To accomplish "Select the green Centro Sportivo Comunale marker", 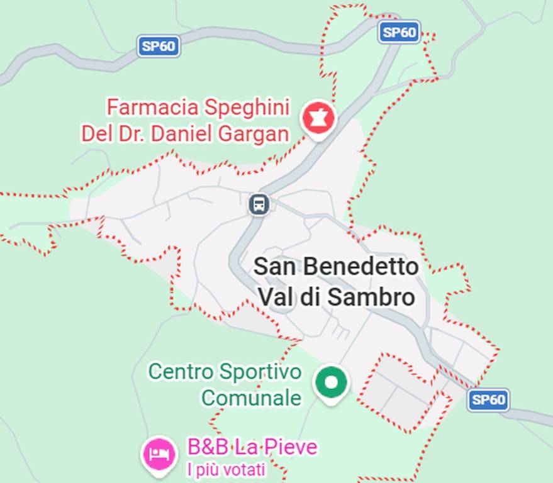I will point(332,382).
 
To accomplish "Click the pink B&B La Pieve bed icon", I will point(159,452).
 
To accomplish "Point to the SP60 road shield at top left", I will point(159,46).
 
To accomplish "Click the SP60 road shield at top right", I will point(399,32).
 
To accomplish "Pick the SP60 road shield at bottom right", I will point(488,399).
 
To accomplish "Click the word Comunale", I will point(251,397).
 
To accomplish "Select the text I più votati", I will point(226,469).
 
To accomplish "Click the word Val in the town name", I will point(274,297).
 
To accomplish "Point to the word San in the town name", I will point(274,267).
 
